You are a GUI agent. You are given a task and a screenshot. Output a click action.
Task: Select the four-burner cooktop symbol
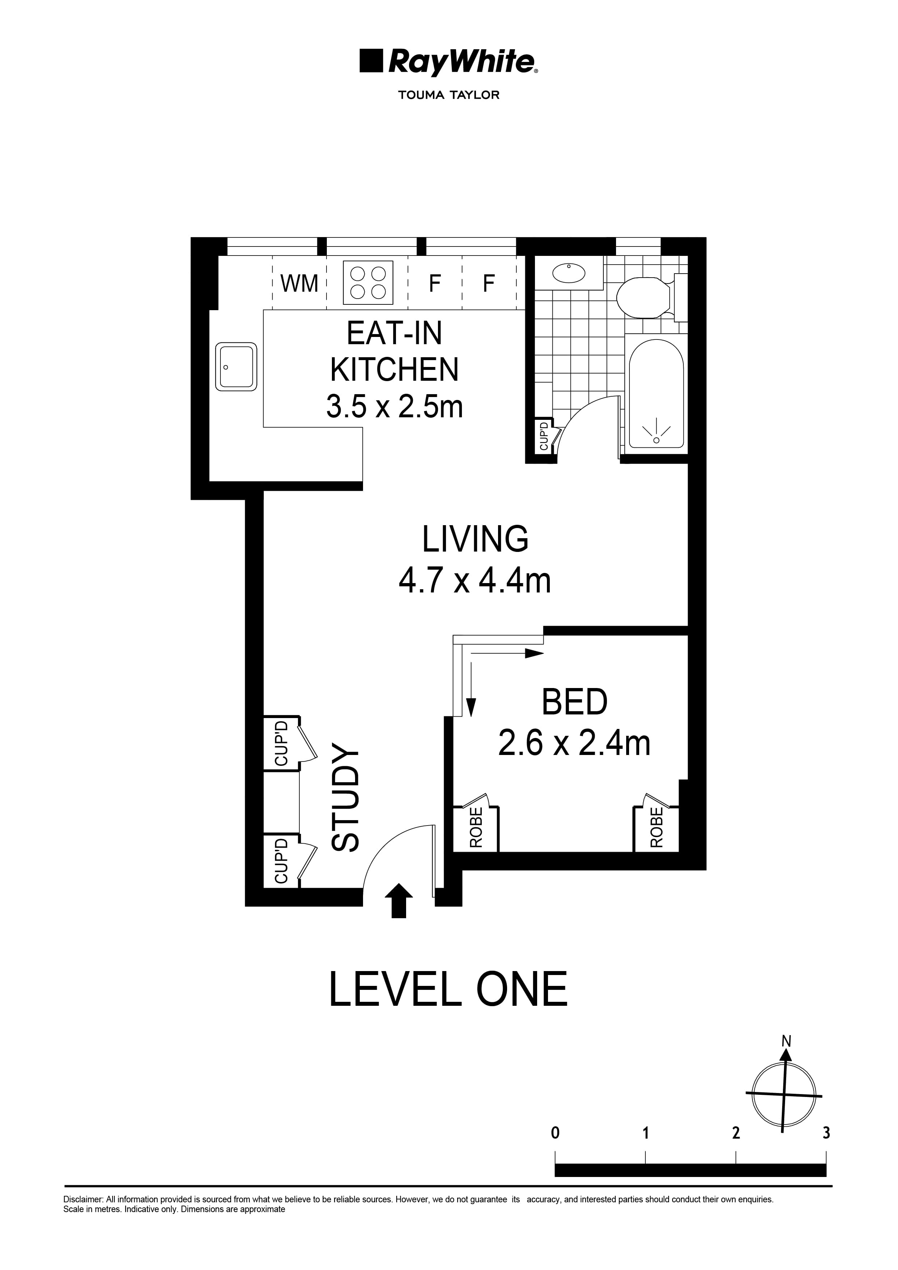click(368, 283)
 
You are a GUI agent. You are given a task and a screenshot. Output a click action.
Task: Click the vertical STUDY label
click(346, 797)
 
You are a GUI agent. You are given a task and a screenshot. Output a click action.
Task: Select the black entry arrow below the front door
click(399, 900)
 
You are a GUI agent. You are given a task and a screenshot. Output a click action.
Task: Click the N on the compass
click(786, 1042)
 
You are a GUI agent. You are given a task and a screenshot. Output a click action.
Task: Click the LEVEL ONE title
click(448, 990)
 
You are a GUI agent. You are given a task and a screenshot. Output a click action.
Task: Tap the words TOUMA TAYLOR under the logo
click(449, 95)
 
